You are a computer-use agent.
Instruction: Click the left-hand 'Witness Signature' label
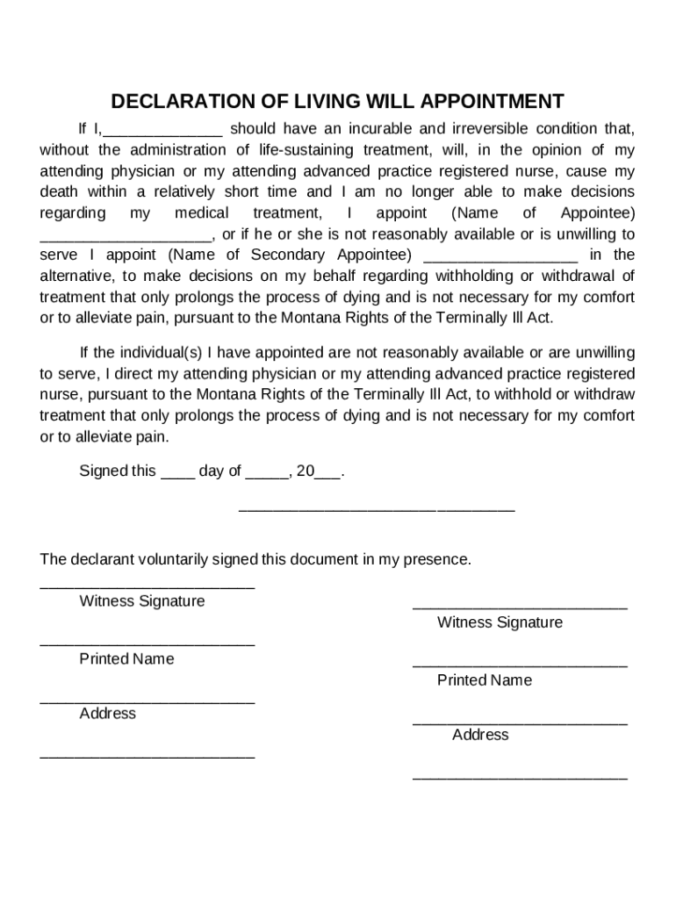point(142,601)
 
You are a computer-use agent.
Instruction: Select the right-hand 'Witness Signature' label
point(500,622)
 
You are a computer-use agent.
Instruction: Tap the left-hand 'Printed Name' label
point(126,659)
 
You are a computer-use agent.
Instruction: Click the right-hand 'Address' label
point(480,735)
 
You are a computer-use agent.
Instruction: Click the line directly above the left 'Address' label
point(147,701)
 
